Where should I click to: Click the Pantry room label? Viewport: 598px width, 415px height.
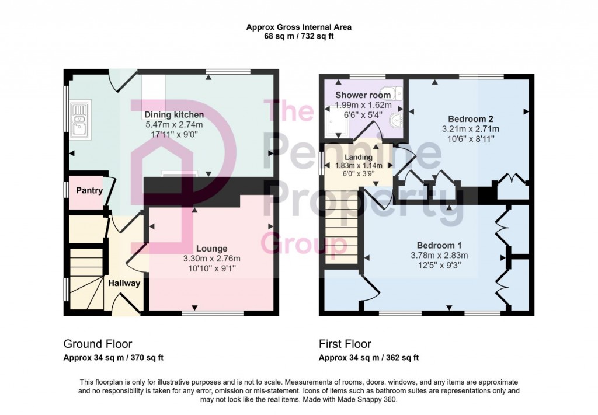pyautogui.click(x=89, y=190)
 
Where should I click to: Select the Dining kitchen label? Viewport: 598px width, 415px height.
pyautogui.click(x=174, y=114)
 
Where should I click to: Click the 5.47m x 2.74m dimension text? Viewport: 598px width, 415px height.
pyautogui.click(x=174, y=124)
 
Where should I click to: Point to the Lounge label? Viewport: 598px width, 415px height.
pyautogui.click(x=211, y=249)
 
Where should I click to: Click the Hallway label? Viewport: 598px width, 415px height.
pyautogui.click(x=124, y=284)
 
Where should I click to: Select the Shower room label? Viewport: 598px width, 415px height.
pyautogui.click(x=363, y=95)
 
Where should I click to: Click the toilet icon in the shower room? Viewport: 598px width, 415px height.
pyautogui.click(x=397, y=92)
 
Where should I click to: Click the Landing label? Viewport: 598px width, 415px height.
pyautogui.click(x=358, y=158)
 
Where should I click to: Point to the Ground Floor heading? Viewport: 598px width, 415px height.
pyautogui.click(x=98, y=344)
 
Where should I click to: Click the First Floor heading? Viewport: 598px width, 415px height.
pyautogui.click(x=345, y=344)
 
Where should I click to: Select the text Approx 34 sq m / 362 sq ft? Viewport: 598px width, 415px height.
pyautogui.click(x=368, y=358)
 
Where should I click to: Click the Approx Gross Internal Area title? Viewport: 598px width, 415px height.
pyautogui.click(x=298, y=27)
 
